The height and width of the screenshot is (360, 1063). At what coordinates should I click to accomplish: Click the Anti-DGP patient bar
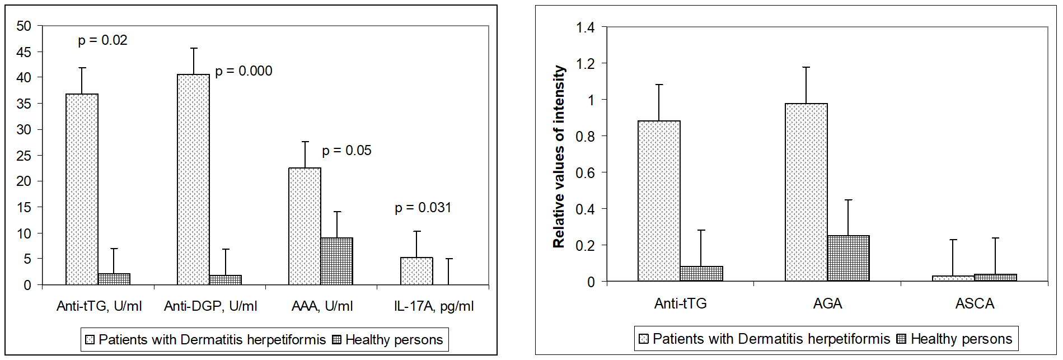193,179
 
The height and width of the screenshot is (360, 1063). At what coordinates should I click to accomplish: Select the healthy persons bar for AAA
337,261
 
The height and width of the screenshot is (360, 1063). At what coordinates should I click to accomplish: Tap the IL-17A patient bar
416,271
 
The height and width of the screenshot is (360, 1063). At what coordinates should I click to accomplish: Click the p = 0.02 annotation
102,40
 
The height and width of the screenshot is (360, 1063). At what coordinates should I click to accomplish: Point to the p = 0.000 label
243,71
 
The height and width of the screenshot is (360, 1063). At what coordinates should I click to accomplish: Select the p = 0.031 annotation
423,208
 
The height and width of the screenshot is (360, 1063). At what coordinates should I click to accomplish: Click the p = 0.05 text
346,151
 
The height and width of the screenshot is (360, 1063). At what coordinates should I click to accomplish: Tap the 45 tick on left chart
24,52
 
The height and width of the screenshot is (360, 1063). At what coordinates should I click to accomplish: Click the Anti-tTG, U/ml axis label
99,306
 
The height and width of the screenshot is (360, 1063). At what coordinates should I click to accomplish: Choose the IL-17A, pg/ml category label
434,306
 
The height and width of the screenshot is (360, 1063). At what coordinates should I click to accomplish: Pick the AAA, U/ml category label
322,306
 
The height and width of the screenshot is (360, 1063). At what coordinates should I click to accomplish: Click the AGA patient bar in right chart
806,192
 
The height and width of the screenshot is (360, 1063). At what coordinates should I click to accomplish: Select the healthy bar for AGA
848,258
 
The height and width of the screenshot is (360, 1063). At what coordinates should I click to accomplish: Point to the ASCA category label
975,303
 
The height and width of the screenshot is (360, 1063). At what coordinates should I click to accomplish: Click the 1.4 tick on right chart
586,27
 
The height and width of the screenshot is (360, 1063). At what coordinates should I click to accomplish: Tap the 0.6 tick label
586,172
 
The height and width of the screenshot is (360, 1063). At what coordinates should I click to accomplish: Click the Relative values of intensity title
559,157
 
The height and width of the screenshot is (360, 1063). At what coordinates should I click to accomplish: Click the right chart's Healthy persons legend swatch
901,339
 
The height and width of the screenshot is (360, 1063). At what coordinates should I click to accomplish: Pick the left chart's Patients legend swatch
90,340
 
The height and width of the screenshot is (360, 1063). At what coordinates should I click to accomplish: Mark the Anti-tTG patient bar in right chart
659,200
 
